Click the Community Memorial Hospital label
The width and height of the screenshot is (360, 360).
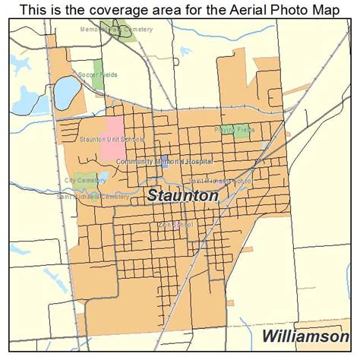(165, 162)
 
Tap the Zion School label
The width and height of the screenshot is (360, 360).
(175, 225)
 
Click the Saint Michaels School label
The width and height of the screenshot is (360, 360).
(219, 182)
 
